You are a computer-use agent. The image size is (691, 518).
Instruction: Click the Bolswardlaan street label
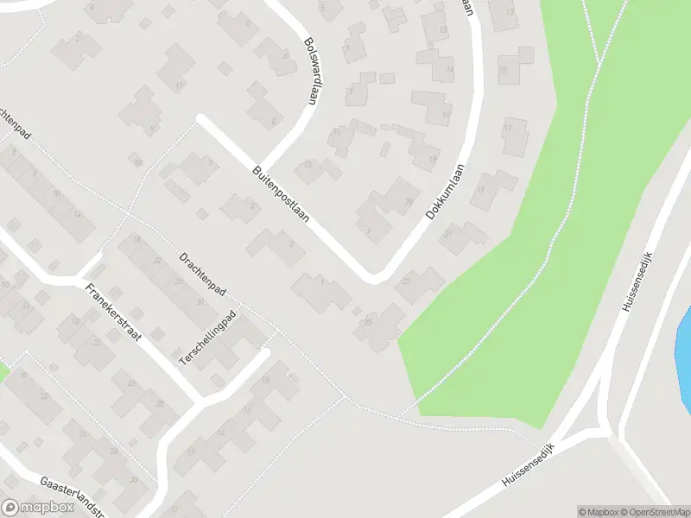312,70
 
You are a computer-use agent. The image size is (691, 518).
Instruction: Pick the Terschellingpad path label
207,341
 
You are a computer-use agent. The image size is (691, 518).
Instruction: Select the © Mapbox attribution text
598,511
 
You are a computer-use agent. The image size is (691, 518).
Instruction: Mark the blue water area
684,332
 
